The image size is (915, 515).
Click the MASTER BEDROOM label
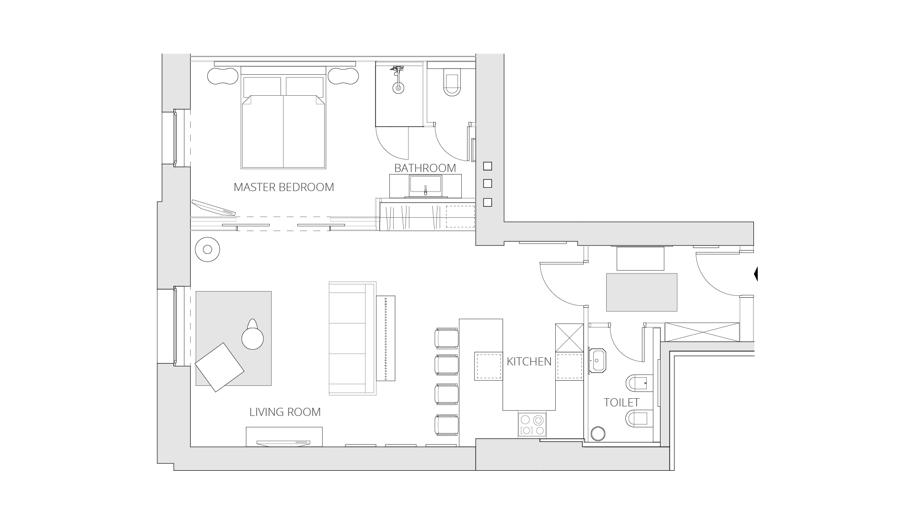point(284,187)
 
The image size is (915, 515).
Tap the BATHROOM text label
point(425,168)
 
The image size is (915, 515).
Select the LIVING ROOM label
point(285,412)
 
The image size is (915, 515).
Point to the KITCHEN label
point(529,362)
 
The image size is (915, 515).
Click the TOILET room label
point(621,403)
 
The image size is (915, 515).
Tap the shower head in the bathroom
point(398,87)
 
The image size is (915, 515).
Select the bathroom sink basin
point(425,186)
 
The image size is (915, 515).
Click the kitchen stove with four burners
point(532,425)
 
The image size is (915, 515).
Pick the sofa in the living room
point(352,338)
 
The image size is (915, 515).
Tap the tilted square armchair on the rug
point(220,367)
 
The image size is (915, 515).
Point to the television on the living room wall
point(284,443)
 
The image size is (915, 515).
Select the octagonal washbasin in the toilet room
point(597,361)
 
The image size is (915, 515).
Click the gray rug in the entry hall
point(641,292)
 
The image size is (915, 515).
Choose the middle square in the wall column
point(487,184)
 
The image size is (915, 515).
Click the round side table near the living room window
point(207,249)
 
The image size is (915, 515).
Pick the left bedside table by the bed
point(223,76)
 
